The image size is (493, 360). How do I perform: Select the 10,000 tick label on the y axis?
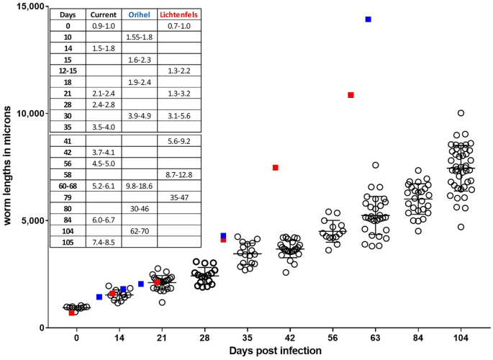click(26, 114)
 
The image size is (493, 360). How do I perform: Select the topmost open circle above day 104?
click(461, 113)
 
